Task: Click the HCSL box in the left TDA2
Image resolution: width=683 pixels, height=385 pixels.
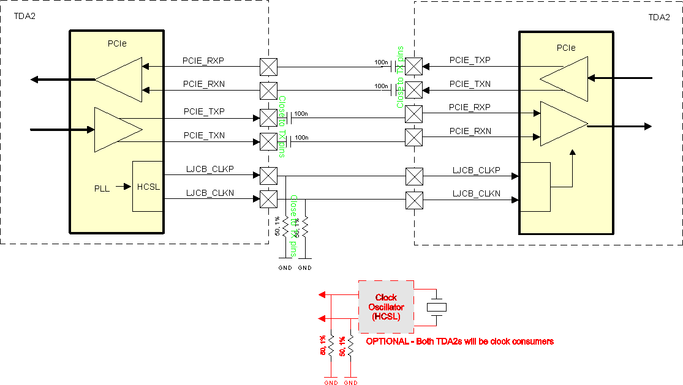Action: pyautogui.click(x=148, y=187)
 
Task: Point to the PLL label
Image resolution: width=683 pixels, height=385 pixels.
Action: pyautogui.click(x=102, y=189)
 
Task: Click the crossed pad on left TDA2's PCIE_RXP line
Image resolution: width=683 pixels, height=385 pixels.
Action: pyautogui.click(x=268, y=66)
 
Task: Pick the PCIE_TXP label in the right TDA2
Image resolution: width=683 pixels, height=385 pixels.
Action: pyautogui.click(x=469, y=61)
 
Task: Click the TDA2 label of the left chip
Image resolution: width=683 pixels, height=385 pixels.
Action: pyautogui.click(x=25, y=16)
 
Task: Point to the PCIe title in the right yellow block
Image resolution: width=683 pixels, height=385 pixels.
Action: pyautogui.click(x=565, y=47)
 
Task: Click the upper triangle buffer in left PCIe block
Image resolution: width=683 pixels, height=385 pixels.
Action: pyautogui.click(x=119, y=79)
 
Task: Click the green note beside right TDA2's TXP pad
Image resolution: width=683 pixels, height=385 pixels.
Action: pyautogui.click(x=400, y=77)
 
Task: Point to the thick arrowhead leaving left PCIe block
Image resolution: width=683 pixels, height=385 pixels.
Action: pyautogui.click(x=36, y=79)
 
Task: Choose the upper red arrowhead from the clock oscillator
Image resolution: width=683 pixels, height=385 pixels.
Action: pyautogui.click(x=322, y=296)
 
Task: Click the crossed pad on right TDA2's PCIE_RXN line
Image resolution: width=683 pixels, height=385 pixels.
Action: pyautogui.click(x=414, y=136)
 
